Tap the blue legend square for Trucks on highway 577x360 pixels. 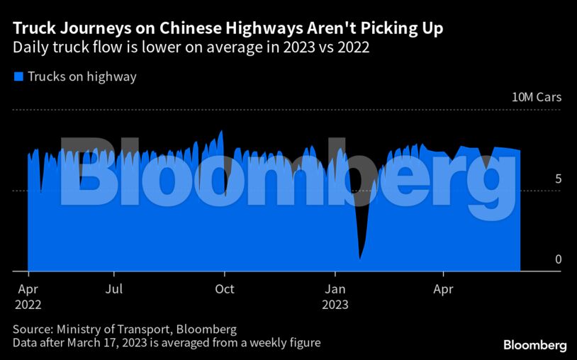pyautogui.click(x=18, y=77)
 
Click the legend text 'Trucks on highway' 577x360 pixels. pyautogui.click(x=82, y=77)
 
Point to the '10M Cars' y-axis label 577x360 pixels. pyautogui.click(x=537, y=97)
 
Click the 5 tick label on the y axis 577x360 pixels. pyautogui.click(x=558, y=179)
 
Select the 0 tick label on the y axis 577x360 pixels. pyautogui.click(x=558, y=259)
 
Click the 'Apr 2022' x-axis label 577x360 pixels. pyautogui.click(x=28, y=297)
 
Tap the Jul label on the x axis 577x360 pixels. pyautogui.click(x=114, y=289)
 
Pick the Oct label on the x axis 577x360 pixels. pyautogui.click(x=225, y=289)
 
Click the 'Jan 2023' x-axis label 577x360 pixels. pyautogui.click(x=335, y=297)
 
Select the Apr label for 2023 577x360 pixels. pyautogui.click(x=443, y=289)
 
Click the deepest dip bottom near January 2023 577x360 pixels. pyautogui.click(x=360, y=257)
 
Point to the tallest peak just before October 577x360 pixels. pyautogui.click(x=222, y=132)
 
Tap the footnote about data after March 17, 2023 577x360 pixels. pyautogui.click(x=167, y=343)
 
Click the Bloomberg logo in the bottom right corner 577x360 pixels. pyautogui.click(x=535, y=345)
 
